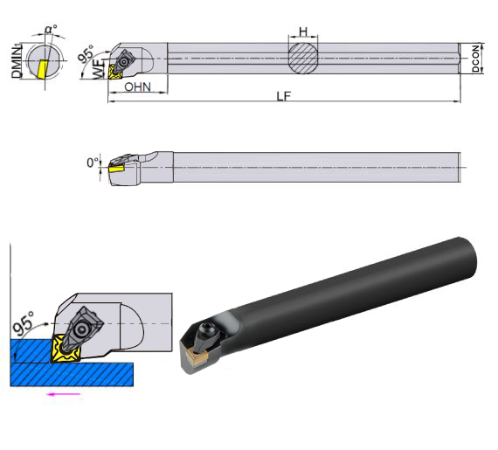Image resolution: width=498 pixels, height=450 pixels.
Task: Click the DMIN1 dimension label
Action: coord(17,61)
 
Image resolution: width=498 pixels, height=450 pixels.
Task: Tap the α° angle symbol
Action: coord(51,29)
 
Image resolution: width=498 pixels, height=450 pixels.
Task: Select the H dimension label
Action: coord(303,31)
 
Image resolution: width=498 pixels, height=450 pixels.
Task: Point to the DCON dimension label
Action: coord(475,59)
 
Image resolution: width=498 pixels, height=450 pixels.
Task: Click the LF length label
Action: coord(284,96)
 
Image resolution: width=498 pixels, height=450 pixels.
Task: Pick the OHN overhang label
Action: coord(137,87)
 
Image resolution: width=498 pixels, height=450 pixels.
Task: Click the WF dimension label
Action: coord(99,69)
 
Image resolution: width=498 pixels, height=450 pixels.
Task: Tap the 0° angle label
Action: coord(93,163)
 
